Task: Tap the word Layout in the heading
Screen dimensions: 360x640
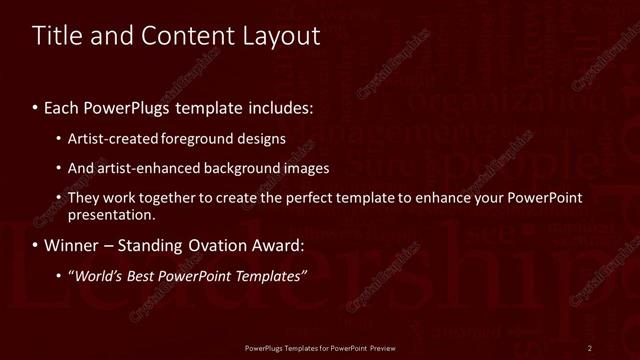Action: click(x=282, y=36)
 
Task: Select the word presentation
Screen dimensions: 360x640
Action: click(x=112, y=214)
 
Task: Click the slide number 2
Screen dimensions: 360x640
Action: click(x=590, y=347)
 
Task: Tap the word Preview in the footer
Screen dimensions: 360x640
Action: click(x=382, y=347)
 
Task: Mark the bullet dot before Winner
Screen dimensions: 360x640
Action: click(x=36, y=245)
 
